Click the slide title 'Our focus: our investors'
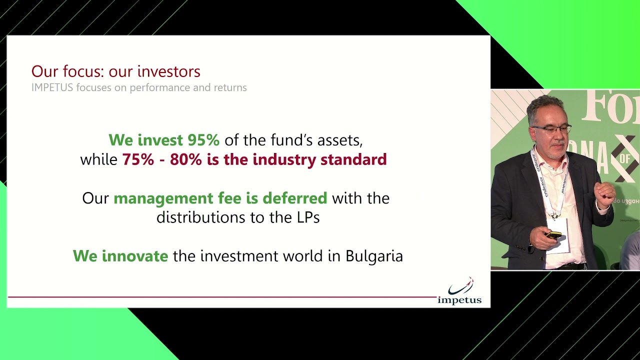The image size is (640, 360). pyautogui.click(x=115, y=71)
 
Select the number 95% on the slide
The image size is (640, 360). pyautogui.click(x=203, y=140)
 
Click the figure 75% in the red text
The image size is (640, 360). pyautogui.click(x=136, y=159)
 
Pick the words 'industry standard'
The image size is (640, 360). pyautogui.click(x=319, y=159)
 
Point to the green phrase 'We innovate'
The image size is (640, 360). pyautogui.click(x=120, y=256)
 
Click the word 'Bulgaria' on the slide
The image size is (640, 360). pyautogui.click(x=374, y=256)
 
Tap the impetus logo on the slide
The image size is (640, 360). pyautogui.click(x=459, y=291)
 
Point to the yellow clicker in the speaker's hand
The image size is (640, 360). pyautogui.click(x=553, y=234)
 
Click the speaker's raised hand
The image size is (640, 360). pyautogui.click(x=605, y=194)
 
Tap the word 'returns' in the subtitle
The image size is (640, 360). pyautogui.click(x=230, y=87)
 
